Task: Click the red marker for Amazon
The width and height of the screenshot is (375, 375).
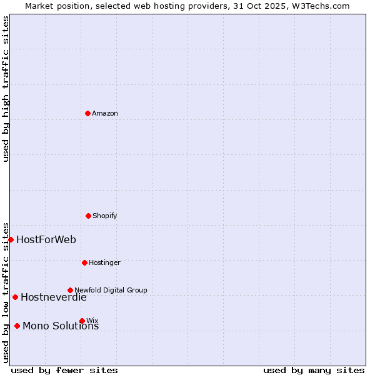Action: (x=87, y=113)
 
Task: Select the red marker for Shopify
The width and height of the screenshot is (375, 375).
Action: (x=88, y=216)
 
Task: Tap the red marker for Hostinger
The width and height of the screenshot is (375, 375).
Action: (x=84, y=262)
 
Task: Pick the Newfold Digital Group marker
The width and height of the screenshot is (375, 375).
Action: (x=70, y=290)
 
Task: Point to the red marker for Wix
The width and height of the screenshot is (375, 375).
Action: (x=82, y=321)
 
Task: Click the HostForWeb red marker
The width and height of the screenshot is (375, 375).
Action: (x=11, y=239)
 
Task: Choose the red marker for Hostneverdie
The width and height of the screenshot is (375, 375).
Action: (x=15, y=297)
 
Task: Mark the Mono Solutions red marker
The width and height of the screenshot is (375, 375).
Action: (x=17, y=326)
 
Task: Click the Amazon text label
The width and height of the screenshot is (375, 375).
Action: (x=105, y=113)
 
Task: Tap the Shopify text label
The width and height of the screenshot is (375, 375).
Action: (x=105, y=216)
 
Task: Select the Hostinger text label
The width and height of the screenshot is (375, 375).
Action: (x=104, y=262)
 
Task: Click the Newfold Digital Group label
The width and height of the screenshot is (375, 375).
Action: (x=111, y=290)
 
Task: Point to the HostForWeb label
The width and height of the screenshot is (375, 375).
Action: (x=46, y=239)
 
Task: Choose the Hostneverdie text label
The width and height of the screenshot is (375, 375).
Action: (x=54, y=297)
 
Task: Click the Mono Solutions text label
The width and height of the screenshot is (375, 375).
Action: (x=61, y=326)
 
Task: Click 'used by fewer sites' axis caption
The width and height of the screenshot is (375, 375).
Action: (x=64, y=370)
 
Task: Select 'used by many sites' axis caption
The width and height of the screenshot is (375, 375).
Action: (x=314, y=370)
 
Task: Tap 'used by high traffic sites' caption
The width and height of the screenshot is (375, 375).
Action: (x=6, y=89)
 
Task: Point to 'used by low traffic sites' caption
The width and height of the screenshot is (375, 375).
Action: (x=6, y=292)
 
